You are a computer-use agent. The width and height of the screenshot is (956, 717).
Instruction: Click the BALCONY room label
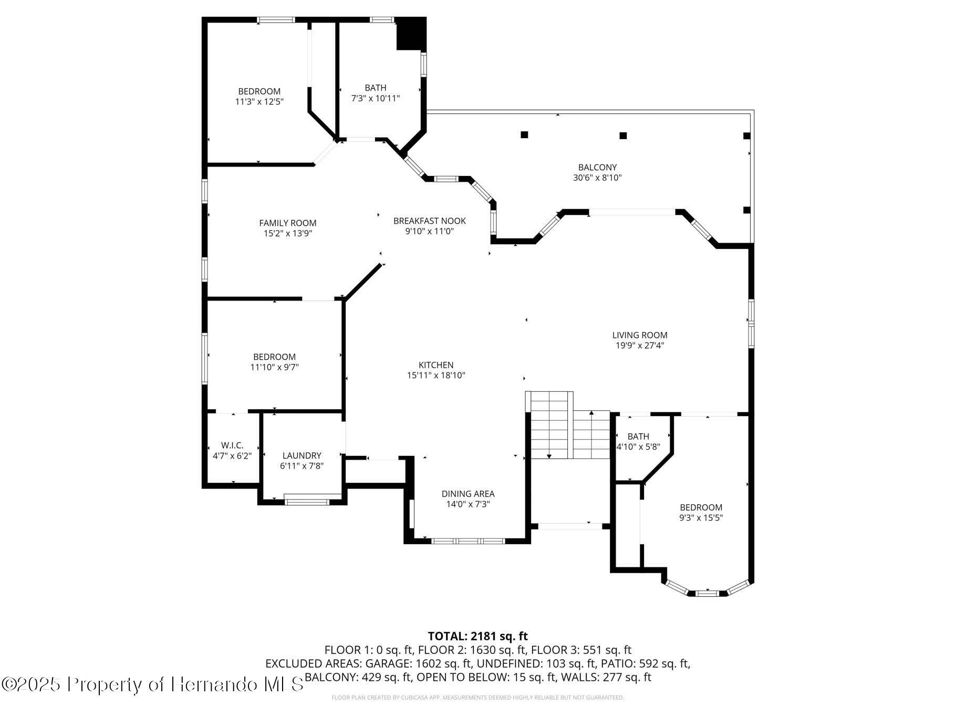click(x=597, y=168)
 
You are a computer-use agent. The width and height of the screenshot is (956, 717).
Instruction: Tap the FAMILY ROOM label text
click(x=288, y=223)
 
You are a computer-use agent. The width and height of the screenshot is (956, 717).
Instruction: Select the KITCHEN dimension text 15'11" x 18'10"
click(x=436, y=376)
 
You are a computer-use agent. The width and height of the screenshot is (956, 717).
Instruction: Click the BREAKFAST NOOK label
click(x=430, y=221)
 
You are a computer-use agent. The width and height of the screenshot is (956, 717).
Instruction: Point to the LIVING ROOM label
click(x=640, y=335)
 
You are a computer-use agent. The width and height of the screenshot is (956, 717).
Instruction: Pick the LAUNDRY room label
click(x=302, y=456)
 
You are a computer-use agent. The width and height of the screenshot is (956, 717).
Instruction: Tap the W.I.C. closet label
click(x=232, y=445)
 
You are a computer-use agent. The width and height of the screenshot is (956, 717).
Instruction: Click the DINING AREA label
click(x=468, y=494)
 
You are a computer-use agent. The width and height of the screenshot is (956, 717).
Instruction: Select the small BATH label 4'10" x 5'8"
click(x=638, y=437)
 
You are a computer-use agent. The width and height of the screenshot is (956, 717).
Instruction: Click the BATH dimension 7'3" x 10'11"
click(x=376, y=98)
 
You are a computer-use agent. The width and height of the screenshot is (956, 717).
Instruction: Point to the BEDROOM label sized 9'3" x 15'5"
click(x=701, y=507)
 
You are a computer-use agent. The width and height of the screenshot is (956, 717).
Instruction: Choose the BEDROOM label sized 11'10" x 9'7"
click(x=274, y=357)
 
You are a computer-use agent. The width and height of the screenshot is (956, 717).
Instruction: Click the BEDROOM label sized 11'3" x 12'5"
click(x=259, y=91)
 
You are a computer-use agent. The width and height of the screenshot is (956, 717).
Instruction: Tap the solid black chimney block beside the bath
click(x=411, y=34)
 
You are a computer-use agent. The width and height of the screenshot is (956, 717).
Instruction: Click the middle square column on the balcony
click(x=623, y=136)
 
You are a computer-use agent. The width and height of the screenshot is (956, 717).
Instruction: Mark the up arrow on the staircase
click(x=591, y=415)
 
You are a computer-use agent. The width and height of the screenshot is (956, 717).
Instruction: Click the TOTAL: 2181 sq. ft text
click(x=477, y=637)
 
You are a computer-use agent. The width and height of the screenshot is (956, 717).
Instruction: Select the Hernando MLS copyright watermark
click(x=152, y=684)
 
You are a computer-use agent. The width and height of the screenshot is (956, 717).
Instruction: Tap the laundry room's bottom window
click(x=307, y=502)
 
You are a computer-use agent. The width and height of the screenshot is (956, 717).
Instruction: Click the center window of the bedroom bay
click(x=706, y=594)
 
